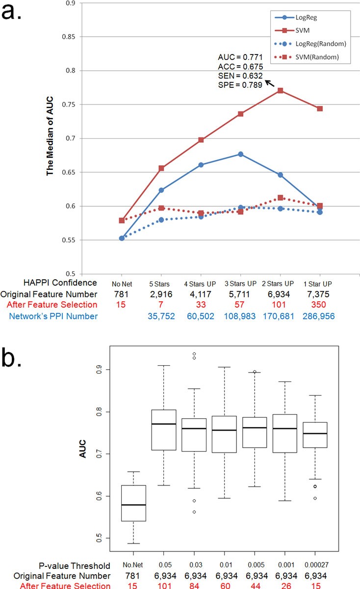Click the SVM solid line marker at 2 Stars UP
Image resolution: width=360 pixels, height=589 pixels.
[280, 90]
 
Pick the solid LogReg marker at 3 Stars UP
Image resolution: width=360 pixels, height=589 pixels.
[240, 154]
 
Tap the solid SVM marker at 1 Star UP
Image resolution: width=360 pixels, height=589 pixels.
[320, 108]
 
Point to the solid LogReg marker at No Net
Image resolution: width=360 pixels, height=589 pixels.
[122, 238]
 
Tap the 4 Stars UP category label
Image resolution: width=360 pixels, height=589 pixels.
[201, 284]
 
